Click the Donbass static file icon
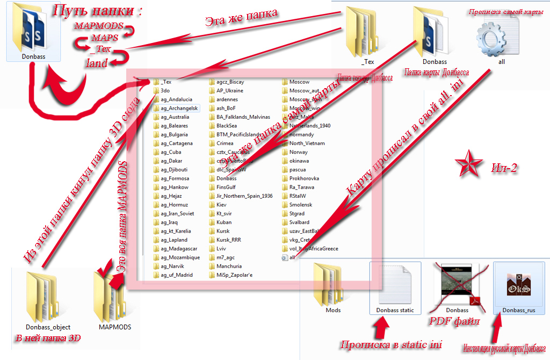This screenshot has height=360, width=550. pyautogui.click(x=395, y=284)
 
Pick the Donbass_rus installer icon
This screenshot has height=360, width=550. pyautogui.click(x=519, y=284)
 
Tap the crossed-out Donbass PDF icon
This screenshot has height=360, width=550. pyautogui.click(x=457, y=284)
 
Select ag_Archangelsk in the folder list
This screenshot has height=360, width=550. pyautogui.click(x=179, y=108)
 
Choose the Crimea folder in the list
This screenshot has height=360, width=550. pyautogui.click(x=225, y=143)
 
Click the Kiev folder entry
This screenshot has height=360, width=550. pyautogui.click(x=222, y=205)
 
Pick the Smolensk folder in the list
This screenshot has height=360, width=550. pyautogui.click(x=300, y=205)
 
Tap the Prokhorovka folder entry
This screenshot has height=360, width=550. pyautogui.click(x=304, y=178)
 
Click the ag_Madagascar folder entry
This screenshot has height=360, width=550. pyautogui.click(x=179, y=248)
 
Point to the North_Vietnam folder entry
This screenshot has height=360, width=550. pyautogui.click(x=307, y=143)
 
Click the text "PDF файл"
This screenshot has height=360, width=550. pyautogui.click(x=453, y=321)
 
